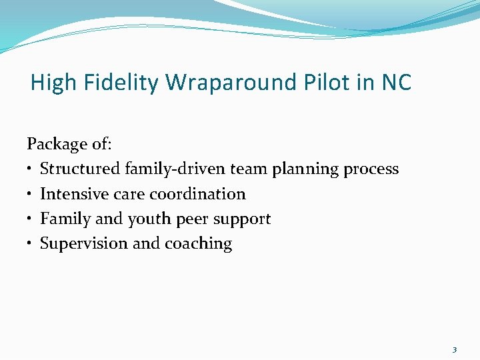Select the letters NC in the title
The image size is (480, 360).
click(x=396, y=83)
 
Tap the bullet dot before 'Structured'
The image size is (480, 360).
click(x=31, y=170)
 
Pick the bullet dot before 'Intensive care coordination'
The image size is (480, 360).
click(x=31, y=195)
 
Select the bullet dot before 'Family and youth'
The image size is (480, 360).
click(x=31, y=219)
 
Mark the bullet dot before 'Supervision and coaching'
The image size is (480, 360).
click(x=31, y=244)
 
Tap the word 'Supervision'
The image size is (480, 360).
click(x=84, y=244)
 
